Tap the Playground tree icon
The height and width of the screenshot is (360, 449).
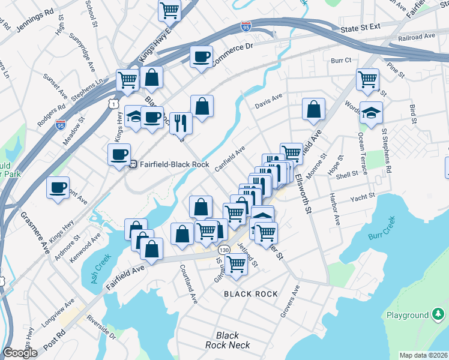pyautogui.click(x=439, y=314)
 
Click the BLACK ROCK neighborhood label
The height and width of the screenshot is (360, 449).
pyautogui.click(x=251, y=294)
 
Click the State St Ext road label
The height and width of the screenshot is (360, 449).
pyautogui.click(x=360, y=28)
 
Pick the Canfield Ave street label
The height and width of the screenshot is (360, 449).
pyautogui.click(x=230, y=158)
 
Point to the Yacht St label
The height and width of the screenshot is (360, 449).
pyautogui.click(x=364, y=196)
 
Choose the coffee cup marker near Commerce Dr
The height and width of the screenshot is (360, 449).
pyautogui.click(x=201, y=57)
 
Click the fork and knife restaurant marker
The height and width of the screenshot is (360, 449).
pyautogui.click(x=180, y=122)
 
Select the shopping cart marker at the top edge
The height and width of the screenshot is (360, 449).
pyautogui.click(x=170, y=9)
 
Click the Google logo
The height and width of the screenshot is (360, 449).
pyautogui.click(x=20, y=353)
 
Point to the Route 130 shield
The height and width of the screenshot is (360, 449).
pyautogui.click(x=224, y=249)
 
